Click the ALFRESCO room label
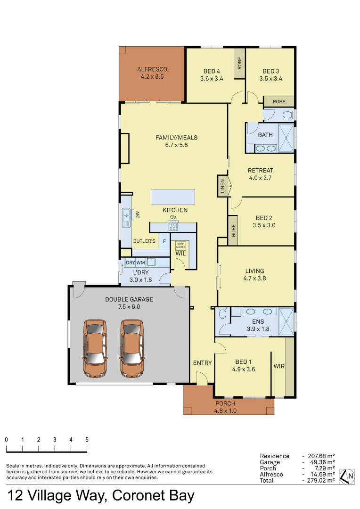[x=152, y=69]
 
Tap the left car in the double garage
[x=95, y=348]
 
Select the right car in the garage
[x=131, y=348]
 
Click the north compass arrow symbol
[x=348, y=476]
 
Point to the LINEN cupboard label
[x=222, y=186]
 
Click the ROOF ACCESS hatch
[x=180, y=246]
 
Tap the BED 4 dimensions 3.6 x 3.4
[x=212, y=79]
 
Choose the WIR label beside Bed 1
[x=279, y=366]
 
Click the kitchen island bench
[x=172, y=197]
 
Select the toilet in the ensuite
[x=223, y=313]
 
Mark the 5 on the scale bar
[x=87, y=440]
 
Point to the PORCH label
[x=225, y=403]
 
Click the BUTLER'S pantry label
[x=144, y=241]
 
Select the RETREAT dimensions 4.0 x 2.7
[x=261, y=178]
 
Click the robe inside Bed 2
[x=233, y=230]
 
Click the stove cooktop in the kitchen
[x=173, y=227]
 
